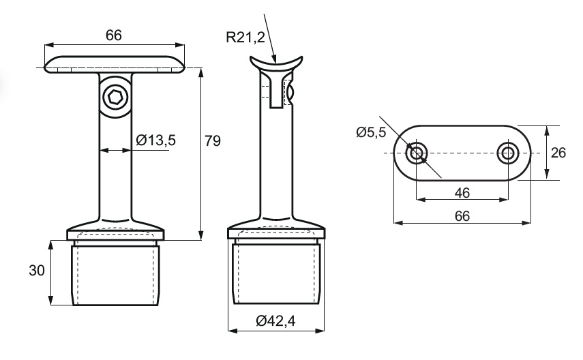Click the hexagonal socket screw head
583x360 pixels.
point(116,98)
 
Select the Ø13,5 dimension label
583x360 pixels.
point(155,140)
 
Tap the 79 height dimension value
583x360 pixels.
point(213,141)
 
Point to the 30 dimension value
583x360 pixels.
point(36,271)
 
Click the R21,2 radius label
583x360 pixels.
point(245,37)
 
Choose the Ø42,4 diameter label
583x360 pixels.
point(275,320)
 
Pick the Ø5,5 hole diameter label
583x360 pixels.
point(371,132)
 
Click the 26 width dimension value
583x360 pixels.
point(558,153)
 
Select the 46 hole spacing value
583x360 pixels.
point(462,193)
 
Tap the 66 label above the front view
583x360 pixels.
point(114,35)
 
